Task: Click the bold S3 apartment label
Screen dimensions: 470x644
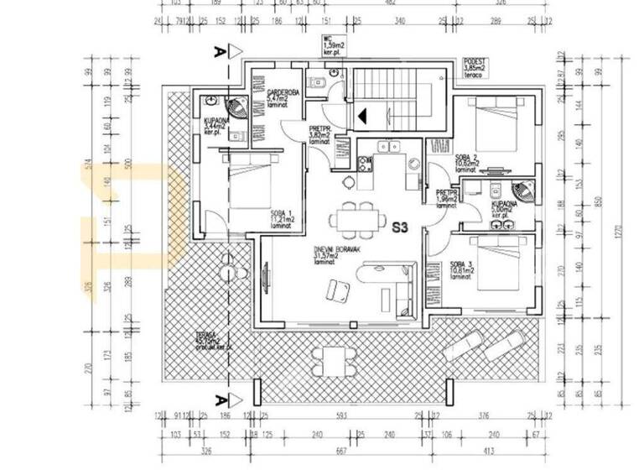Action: [x=401, y=227]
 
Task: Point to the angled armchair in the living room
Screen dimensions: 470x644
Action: [x=340, y=290]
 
